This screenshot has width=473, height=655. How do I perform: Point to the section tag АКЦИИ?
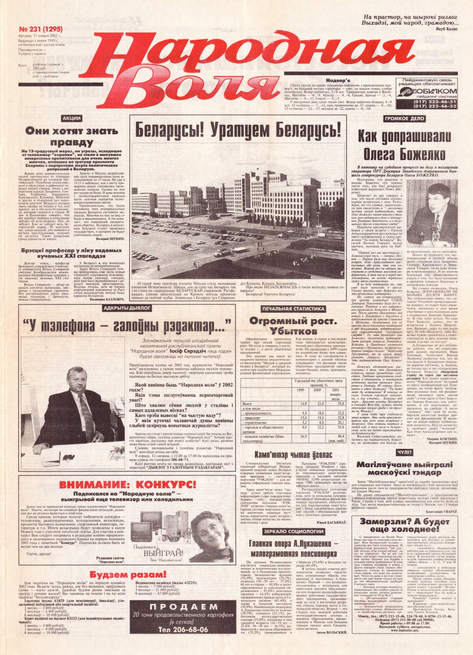[x=72, y=118]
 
